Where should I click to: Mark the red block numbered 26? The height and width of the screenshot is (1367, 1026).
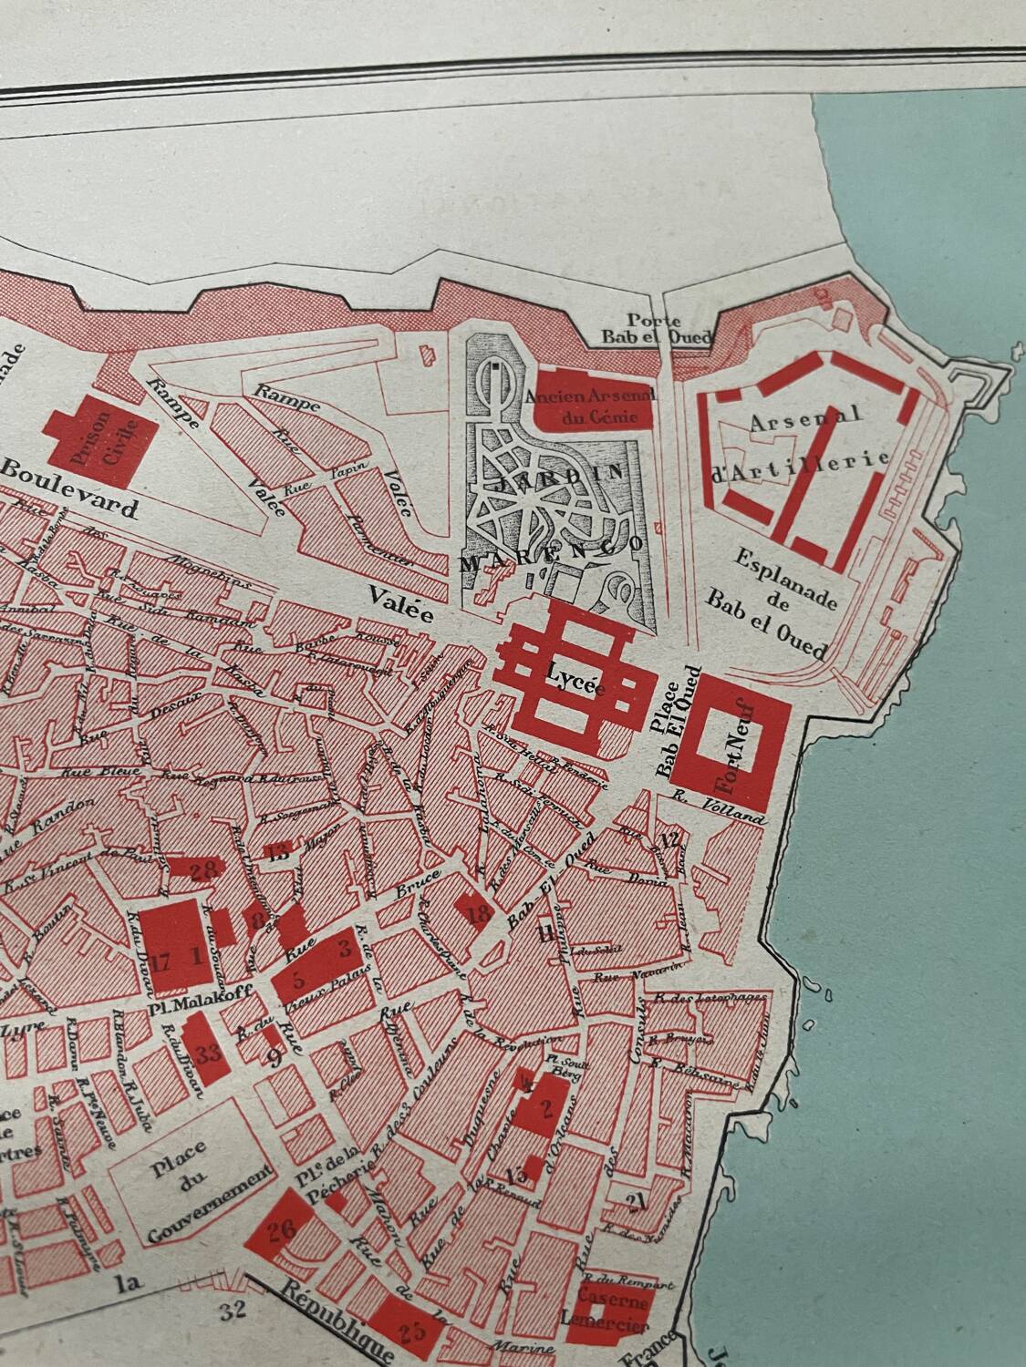(280, 1231)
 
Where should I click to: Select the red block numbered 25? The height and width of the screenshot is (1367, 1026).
(411, 1332)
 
